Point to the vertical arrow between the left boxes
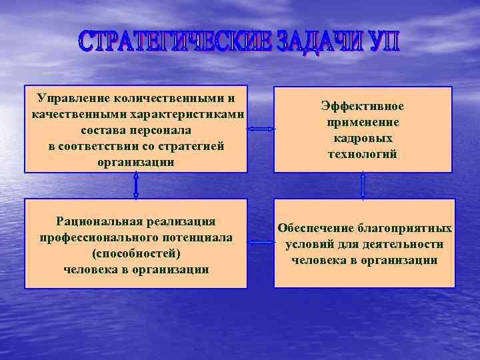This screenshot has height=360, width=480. coord(136,185)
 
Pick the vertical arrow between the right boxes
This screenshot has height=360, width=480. coord(363,185)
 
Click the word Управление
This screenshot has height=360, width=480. coord(73,98)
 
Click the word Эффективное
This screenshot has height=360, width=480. coord(363,107)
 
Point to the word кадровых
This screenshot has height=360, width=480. coord(363,139)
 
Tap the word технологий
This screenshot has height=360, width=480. coord(363,155)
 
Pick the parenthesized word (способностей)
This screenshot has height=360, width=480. coord(136,253)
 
